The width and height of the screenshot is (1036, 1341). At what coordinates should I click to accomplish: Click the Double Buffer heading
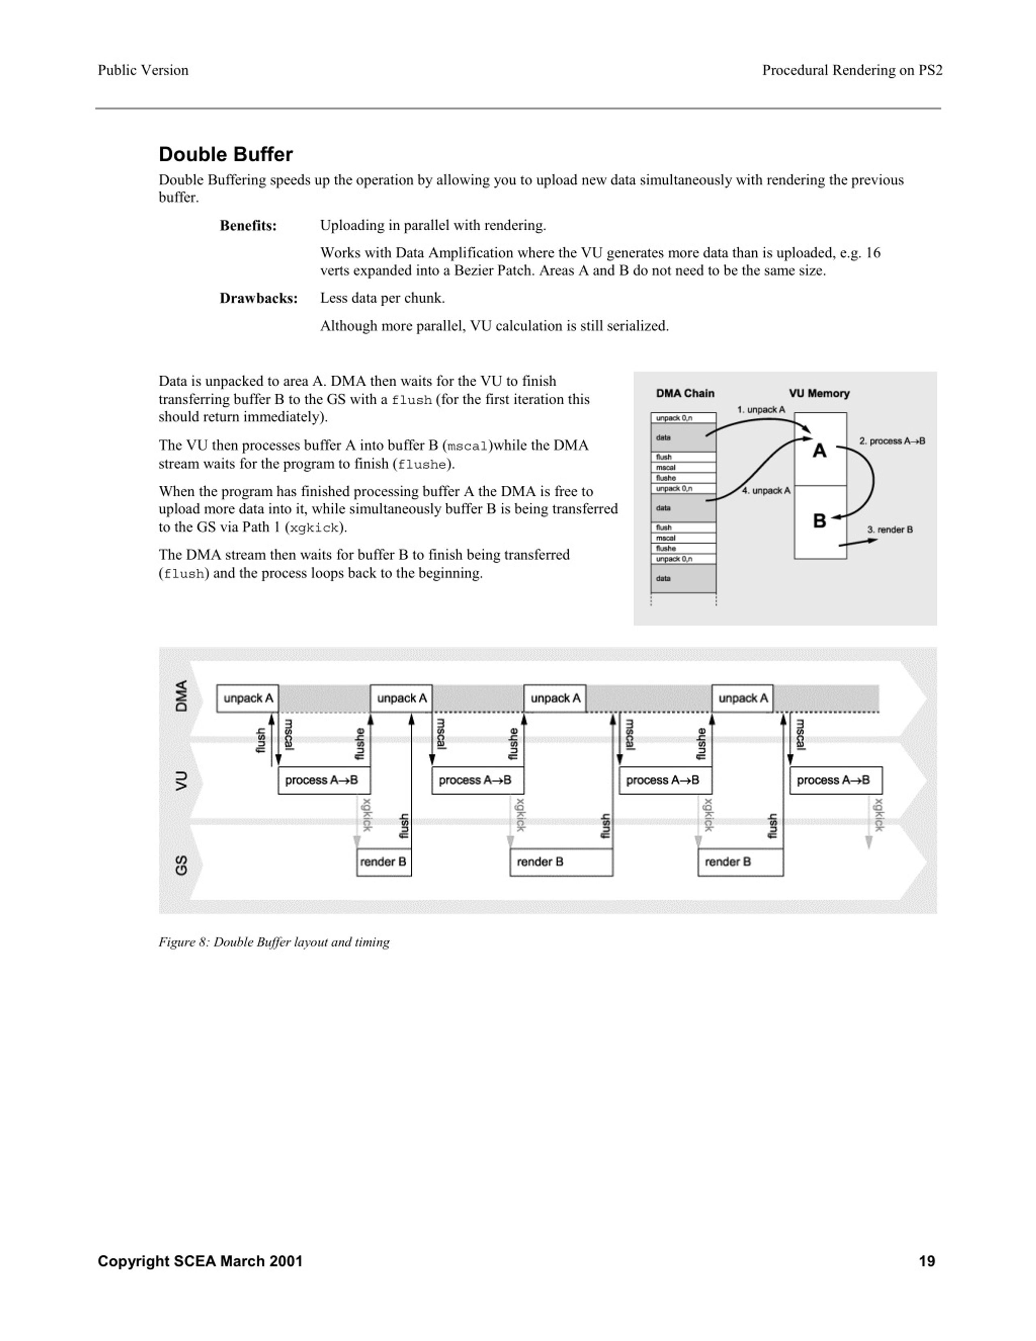click(225, 154)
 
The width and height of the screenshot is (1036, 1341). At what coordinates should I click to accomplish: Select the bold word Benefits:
click(248, 225)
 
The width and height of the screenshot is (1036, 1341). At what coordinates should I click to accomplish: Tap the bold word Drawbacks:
click(258, 298)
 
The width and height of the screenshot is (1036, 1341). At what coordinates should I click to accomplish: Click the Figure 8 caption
click(274, 942)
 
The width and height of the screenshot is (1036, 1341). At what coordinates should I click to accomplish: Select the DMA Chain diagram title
click(685, 393)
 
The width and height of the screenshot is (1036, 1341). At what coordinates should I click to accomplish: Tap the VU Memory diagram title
click(819, 393)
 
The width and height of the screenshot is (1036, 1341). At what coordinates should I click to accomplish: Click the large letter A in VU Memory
click(819, 451)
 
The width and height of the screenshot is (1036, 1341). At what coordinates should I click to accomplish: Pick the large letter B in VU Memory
click(819, 521)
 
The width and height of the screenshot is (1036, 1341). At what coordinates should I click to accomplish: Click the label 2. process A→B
click(892, 441)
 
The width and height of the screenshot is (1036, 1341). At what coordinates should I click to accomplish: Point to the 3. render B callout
click(890, 529)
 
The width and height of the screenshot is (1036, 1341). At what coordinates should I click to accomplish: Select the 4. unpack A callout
click(766, 491)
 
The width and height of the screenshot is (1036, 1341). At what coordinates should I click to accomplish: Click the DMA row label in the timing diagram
click(181, 696)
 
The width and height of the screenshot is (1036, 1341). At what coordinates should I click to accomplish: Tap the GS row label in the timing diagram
click(181, 865)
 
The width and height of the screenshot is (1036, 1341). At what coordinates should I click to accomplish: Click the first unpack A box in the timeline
click(247, 698)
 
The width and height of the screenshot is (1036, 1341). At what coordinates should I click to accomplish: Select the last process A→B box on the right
click(835, 780)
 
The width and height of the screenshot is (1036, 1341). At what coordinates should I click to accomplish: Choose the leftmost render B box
click(384, 861)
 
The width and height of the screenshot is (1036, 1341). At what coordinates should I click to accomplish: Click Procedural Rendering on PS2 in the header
click(852, 70)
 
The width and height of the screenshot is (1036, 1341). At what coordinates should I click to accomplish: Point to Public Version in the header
click(143, 70)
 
